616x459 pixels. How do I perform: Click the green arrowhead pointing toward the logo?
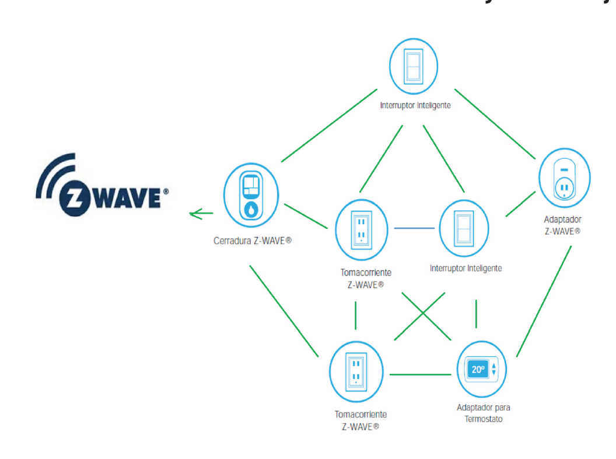[195, 214]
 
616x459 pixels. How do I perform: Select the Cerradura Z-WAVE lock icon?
[251, 194]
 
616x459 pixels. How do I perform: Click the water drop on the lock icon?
[251, 208]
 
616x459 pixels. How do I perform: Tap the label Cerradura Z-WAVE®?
[252, 239]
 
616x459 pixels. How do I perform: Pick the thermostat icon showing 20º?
[482, 369]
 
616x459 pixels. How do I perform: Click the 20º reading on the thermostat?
[478, 369]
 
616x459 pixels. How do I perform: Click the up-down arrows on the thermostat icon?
[494, 369]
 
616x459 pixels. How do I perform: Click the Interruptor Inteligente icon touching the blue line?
[464, 228]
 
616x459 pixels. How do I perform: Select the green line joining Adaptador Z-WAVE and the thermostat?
[544, 301]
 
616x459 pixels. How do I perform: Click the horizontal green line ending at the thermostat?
[421, 374]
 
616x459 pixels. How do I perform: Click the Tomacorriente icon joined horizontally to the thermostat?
[356, 370]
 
